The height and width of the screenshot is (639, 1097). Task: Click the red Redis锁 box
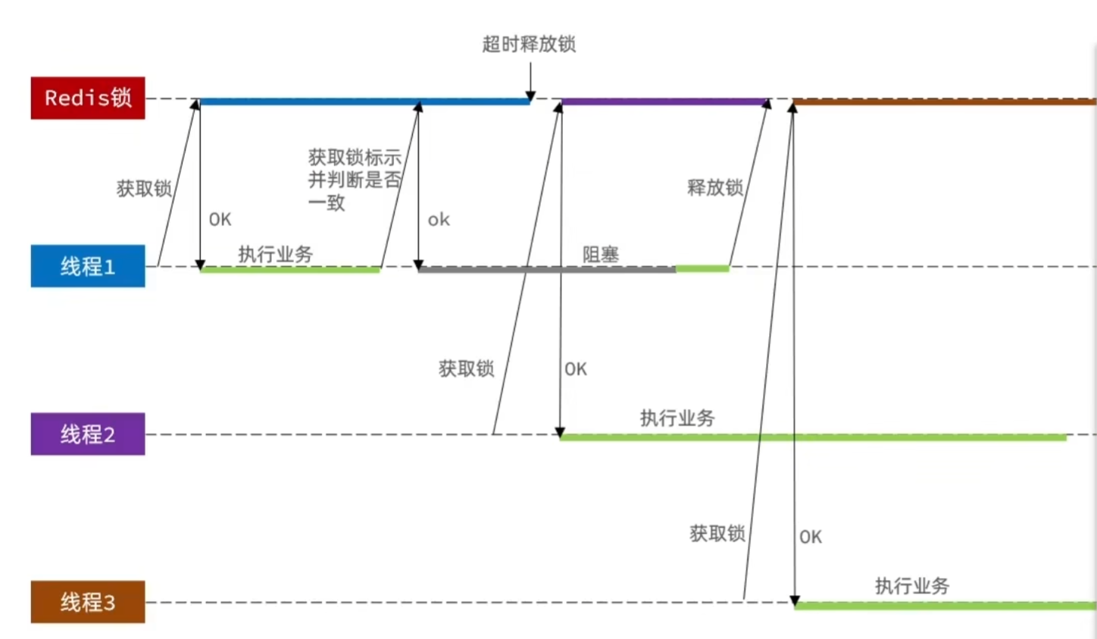[x=87, y=98]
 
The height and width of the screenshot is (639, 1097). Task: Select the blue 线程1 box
[x=87, y=266]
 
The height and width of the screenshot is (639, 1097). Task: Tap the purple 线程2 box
[x=87, y=434]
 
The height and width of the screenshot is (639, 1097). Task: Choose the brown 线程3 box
[x=87, y=603]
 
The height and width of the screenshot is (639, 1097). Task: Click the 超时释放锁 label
[x=529, y=44]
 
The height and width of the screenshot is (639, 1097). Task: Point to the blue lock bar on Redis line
[x=364, y=102]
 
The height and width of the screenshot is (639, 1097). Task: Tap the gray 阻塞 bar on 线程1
[x=545, y=269]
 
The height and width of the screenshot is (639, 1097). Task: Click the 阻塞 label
[x=600, y=254]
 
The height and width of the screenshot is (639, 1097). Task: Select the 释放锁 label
[x=714, y=187]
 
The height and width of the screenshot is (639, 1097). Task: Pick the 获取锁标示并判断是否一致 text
[x=354, y=180]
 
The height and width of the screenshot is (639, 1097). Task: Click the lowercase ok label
[x=439, y=220]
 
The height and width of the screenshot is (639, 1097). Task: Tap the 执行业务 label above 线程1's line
[x=275, y=254]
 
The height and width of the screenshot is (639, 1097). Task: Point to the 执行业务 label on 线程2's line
[x=677, y=418]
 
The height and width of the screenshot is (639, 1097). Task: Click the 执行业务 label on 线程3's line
[x=911, y=585]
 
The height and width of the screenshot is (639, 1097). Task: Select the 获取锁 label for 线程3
[x=717, y=534]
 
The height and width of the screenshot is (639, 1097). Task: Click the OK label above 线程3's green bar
[x=810, y=537]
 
